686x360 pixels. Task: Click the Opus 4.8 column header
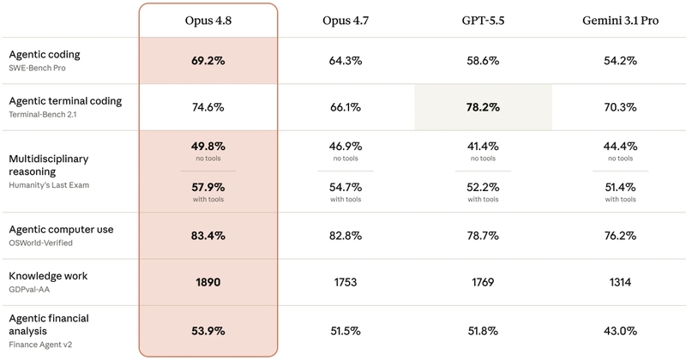[208, 21]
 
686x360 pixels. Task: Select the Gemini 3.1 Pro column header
[620, 21]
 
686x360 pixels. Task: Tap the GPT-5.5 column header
[483, 21]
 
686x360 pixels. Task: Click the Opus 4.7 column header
[346, 21]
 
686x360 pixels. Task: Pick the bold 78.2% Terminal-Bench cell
[483, 107]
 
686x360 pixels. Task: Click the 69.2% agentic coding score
[208, 61]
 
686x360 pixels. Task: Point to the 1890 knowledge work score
[208, 282]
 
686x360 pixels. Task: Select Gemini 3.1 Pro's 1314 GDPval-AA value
[620, 282]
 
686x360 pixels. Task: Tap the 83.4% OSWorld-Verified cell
[208, 236]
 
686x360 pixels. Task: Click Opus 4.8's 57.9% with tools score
[208, 187]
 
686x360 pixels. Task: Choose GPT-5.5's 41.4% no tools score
[483, 146]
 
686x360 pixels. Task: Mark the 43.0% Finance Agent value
[620, 331]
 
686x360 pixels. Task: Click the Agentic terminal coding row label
[65, 101]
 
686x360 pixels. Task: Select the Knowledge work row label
[48, 276]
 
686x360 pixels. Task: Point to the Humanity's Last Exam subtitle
[49, 185]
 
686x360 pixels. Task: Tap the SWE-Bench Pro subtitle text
[37, 68]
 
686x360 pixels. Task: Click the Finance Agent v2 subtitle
[40, 345]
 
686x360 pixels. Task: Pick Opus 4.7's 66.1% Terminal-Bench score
[346, 107]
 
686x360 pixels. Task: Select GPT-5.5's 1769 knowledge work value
[483, 282]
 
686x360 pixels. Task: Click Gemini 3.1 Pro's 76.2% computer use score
[620, 236]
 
